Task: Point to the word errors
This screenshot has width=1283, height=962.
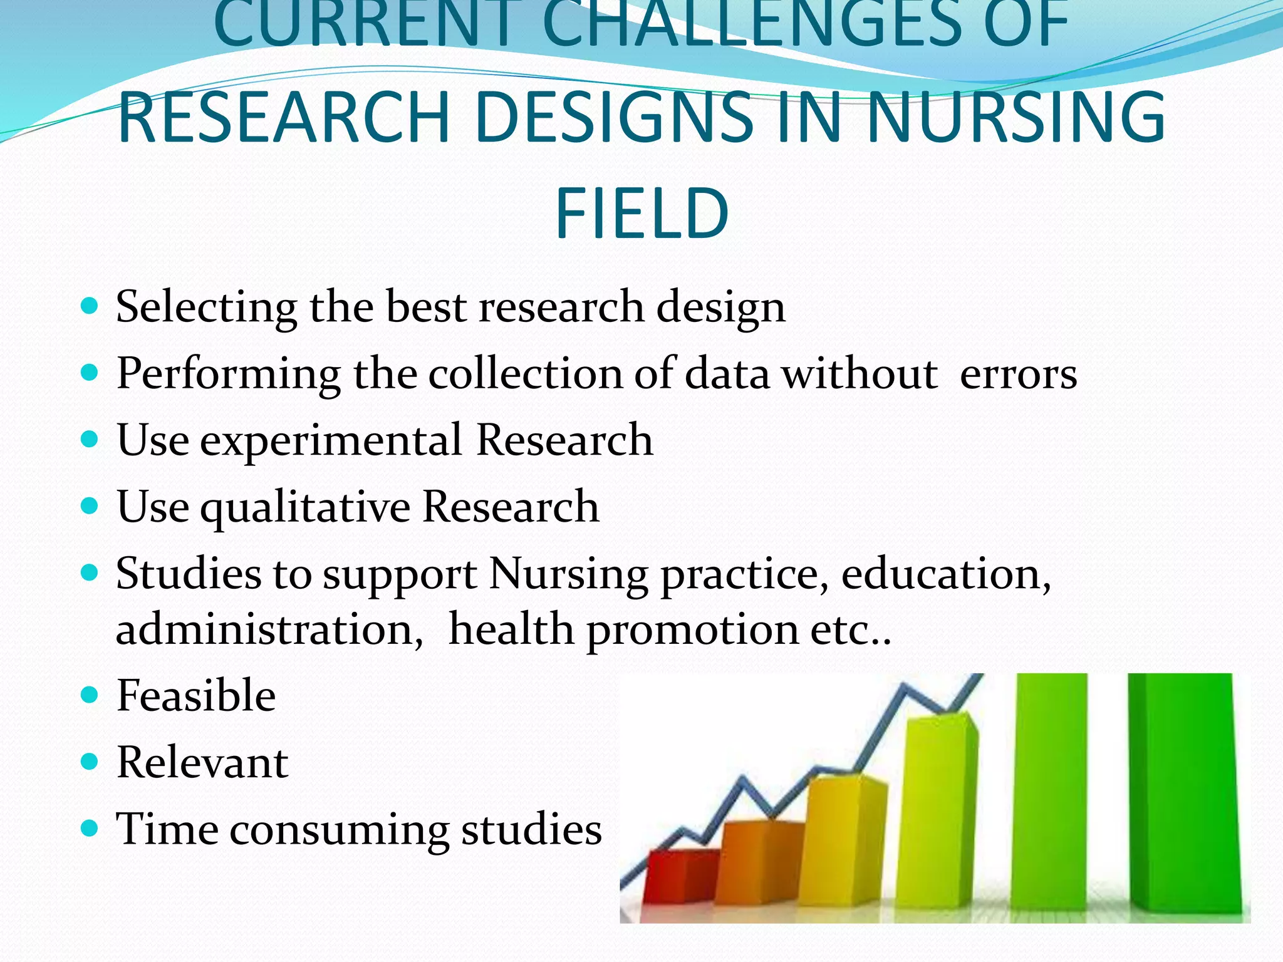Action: [1018, 375]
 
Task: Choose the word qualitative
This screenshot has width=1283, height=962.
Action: [304, 508]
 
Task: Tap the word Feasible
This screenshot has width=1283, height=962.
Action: [196, 696]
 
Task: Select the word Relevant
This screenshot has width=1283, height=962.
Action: [202, 763]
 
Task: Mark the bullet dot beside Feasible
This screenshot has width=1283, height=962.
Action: [90, 695]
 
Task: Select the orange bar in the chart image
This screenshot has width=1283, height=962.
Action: [755, 864]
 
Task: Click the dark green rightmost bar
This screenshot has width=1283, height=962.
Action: [1184, 795]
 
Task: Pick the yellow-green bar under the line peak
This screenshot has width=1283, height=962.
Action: [937, 814]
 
